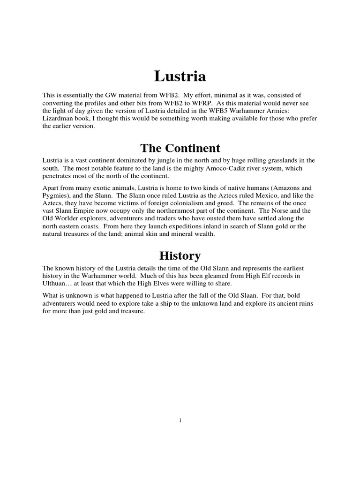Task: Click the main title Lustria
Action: (x=180, y=75)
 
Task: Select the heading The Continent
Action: (x=180, y=148)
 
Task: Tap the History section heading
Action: (x=180, y=256)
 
